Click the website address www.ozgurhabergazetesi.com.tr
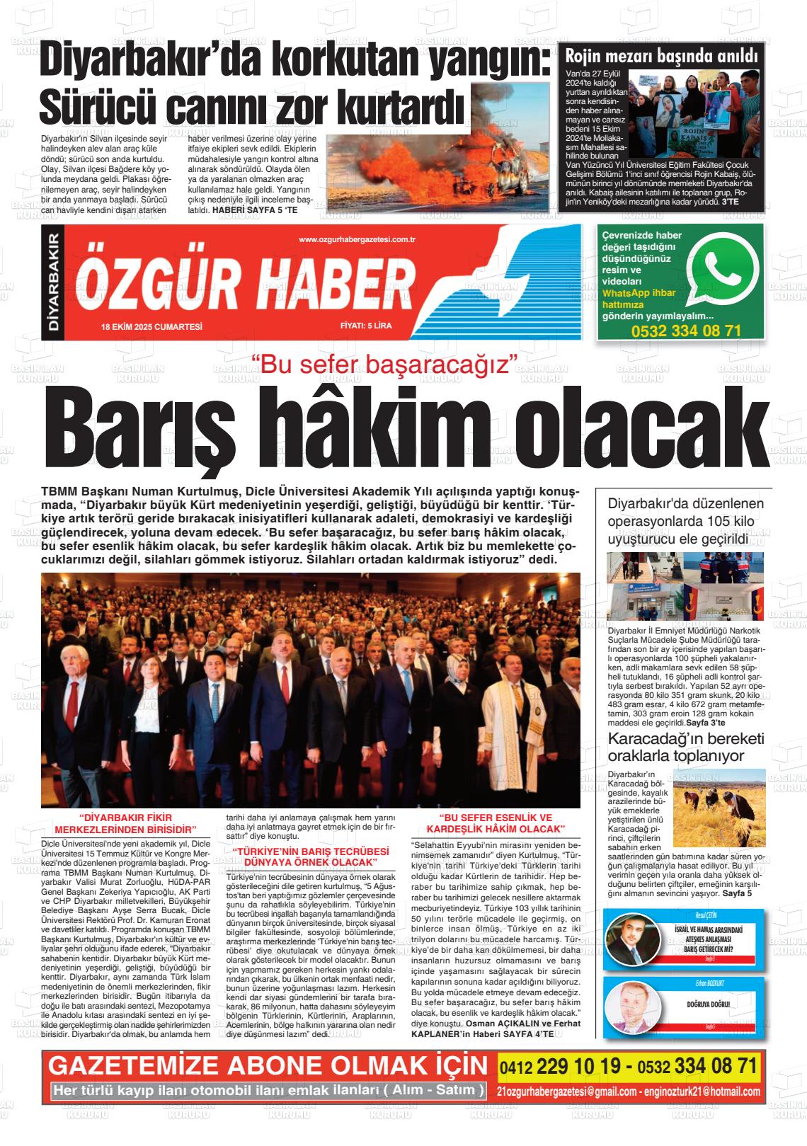tap(356, 240)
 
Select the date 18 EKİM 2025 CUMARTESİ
tap(152, 326)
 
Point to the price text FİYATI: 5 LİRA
tap(365, 326)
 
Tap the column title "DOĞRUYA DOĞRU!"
tap(708, 1004)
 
